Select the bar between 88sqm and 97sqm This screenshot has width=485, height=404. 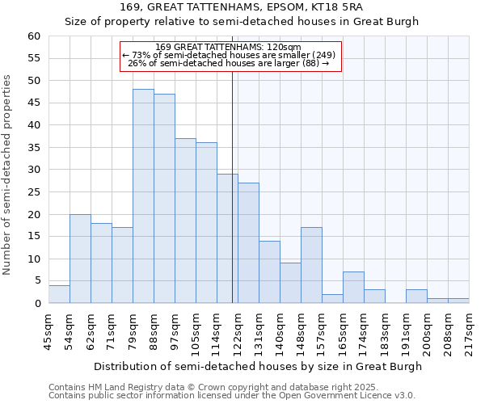click(164, 199)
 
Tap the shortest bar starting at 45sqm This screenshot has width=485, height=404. click(59, 294)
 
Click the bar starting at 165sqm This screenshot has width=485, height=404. click(353, 288)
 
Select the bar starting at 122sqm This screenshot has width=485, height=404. click(248, 243)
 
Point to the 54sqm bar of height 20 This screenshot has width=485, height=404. click(80, 259)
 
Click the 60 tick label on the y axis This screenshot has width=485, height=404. click(33, 36)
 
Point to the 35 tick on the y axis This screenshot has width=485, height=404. click(33, 148)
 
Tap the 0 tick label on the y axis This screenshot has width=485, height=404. click(36, 304)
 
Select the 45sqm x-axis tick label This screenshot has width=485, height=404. click(48, 332)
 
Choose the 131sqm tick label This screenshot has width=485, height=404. click(259, 332)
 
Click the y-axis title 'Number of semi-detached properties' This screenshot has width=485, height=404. click(7, 174)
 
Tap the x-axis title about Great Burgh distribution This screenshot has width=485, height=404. click(258, 366)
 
